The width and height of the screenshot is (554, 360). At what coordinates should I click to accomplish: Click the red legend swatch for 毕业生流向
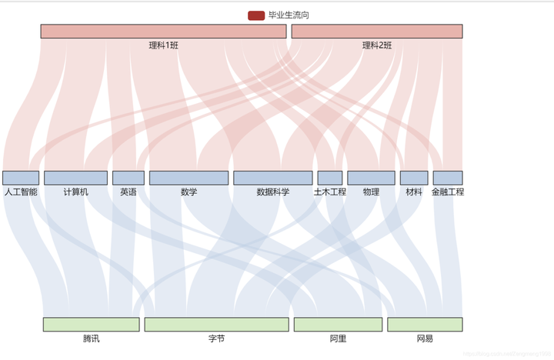click(256, 15)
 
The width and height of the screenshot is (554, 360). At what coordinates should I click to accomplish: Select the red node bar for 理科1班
click(163, 31)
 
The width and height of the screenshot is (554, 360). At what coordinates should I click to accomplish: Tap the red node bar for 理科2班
click(377, 31)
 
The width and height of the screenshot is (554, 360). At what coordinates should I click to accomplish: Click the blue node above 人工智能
click(21, 178)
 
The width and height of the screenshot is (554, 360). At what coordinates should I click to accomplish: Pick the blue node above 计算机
click(75, 178)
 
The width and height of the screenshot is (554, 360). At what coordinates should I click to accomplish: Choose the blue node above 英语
click(128, 178)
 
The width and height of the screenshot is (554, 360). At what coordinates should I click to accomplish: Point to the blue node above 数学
click(189, 178)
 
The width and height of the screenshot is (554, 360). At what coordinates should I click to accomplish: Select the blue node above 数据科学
click(273, 178)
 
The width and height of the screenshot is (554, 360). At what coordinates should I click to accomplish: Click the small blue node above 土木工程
click(330, 178)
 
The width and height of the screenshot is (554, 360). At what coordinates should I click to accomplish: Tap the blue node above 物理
click(371, 178)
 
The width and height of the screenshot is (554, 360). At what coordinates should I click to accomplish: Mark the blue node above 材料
click(414, 178)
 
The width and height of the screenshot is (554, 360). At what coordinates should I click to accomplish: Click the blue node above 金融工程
click(448, 178)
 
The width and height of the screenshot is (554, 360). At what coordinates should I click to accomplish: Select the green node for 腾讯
click(91, 324)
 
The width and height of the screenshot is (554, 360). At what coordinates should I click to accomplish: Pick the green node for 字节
click(216, 324)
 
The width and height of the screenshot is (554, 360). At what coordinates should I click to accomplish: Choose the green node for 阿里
click(338, 324)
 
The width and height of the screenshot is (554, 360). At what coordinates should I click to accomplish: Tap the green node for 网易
click(425, 324)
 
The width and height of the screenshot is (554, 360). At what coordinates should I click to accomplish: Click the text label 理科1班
click(164, 45)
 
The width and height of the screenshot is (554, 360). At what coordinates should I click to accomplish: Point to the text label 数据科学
click(273, 192)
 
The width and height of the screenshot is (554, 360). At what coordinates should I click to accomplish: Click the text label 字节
click(216, 338)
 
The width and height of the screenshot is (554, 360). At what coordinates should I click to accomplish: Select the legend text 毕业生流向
click(289, 15)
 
